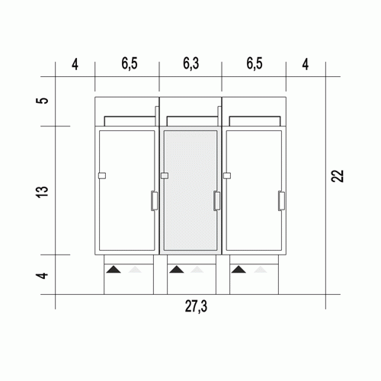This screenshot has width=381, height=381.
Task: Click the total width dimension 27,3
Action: (196, 306)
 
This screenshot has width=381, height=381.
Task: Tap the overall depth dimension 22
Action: (338, 176)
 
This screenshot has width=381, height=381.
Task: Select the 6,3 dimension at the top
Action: (190, 63)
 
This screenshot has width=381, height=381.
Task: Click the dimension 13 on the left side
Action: (43, 192)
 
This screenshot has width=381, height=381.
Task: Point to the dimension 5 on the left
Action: (44, 101)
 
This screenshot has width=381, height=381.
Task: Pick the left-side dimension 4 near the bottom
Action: (43, 276)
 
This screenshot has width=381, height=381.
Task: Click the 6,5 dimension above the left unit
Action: (130, 63)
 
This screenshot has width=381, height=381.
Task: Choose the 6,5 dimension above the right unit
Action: (255, 63)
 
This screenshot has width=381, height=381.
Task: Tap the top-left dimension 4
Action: (75, 65)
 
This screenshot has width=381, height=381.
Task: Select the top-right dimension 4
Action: (306, 65)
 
